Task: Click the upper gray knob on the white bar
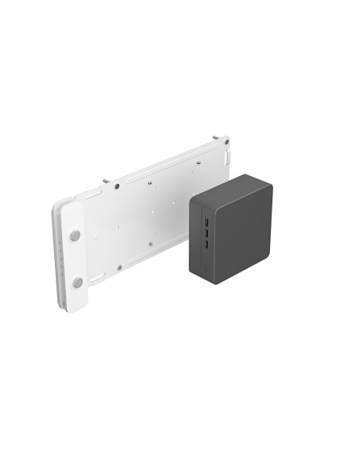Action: tap(74, 236)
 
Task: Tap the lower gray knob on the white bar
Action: tap(77, 283)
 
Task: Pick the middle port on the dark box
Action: tap(205, 234)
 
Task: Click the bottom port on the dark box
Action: tap(205, 247)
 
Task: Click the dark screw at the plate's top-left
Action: tap(117, 186)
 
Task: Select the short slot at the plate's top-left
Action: tap(88, 193)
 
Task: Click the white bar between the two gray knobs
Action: tap(76, 259)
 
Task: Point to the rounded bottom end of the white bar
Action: tap(78, 306)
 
